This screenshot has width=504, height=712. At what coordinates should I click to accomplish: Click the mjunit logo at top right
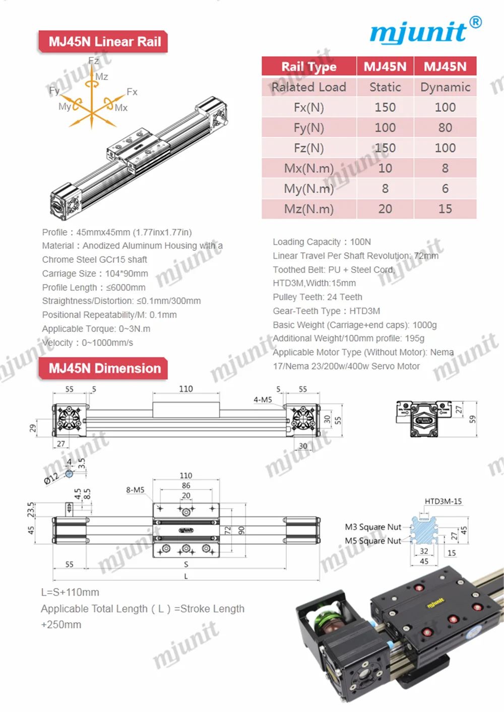tap(424, 31)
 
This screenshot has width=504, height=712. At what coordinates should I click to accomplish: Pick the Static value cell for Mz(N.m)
tap(385, 209)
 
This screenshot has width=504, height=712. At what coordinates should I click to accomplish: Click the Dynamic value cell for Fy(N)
tap(445, 128)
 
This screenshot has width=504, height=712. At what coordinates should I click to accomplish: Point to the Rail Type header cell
tap(308, 66)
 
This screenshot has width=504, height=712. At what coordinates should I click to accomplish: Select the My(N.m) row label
tap(308, 189)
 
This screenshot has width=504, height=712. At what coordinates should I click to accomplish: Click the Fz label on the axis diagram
tap(94, 61)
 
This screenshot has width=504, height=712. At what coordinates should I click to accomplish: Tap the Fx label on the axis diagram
tap(132, 92)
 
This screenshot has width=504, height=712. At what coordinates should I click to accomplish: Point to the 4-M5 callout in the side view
tap(263, 400)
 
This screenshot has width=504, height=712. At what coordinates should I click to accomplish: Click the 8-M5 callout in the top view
tap(135, 489)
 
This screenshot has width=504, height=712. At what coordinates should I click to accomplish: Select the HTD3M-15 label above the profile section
tap(443, 502)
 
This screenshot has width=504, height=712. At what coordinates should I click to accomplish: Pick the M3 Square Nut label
tap(373, 527)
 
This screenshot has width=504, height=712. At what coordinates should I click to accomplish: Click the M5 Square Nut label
tap(373, 541)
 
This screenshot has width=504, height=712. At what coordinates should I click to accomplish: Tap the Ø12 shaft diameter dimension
tap(51, 477)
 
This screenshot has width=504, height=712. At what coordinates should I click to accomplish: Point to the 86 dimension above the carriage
tap(186, 485)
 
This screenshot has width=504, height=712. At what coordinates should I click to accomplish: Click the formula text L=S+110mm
tap(70, 593)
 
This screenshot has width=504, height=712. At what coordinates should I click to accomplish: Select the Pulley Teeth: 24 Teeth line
tap(318, 297)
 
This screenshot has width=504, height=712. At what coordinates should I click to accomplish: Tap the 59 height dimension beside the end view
tap(472, 419)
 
